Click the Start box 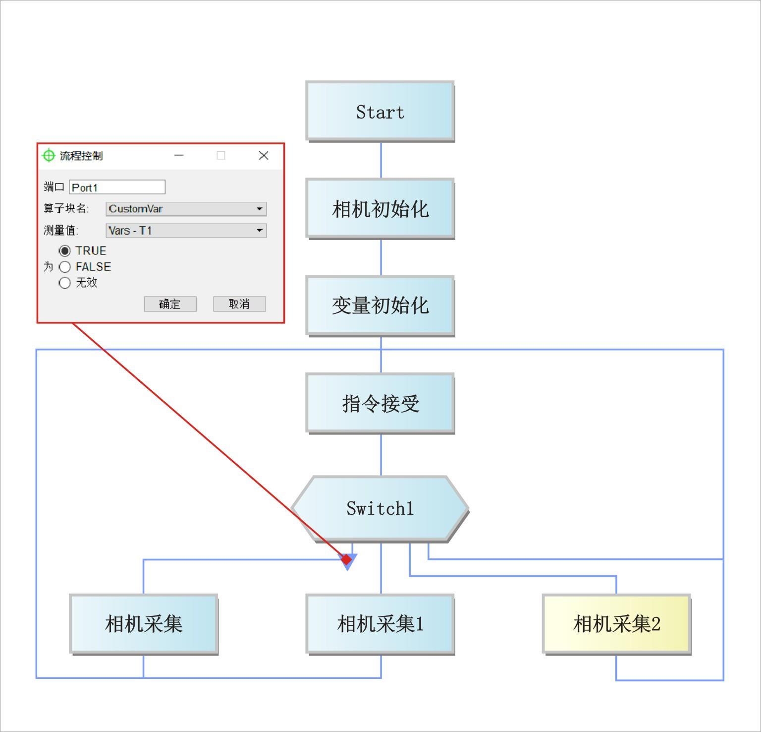point(380,112)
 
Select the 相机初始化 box point(380,209)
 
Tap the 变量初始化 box point(380,305)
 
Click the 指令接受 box point(380,403)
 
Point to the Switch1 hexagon point(380,508)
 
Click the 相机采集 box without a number point(144,624)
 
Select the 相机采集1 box point(380,624)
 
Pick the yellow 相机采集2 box point(616,624)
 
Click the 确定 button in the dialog point(170,304)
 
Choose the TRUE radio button point(64,251)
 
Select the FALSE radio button point(64,267)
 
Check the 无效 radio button point(64,283)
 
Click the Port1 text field point(117,187)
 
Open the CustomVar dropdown point(186,209)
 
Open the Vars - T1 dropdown point(186,231)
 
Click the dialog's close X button point(264,156)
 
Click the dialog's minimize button point(179,156)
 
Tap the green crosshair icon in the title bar point(49,156)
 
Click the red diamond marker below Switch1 point(347,559)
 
